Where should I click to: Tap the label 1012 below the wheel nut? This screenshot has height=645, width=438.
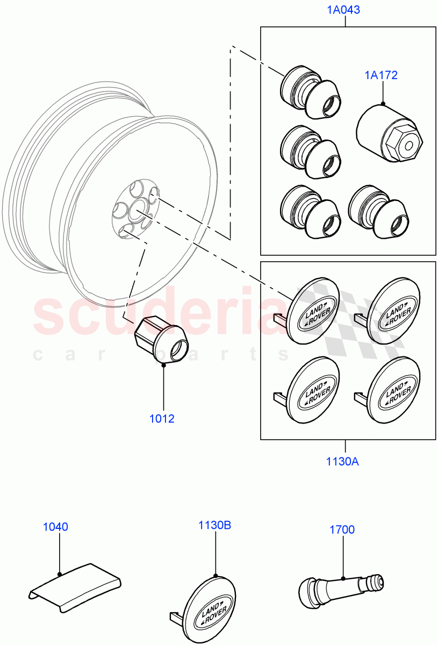pyautogui.click(x=162, y=418)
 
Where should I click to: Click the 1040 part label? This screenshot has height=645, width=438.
pyautogui.click(x=55, y=527)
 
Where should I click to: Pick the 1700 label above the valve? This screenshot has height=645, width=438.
pyautogui.click(x=342, y=530)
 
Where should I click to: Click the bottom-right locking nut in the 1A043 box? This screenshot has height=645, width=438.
pyautogui.click(x=379, y=212)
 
